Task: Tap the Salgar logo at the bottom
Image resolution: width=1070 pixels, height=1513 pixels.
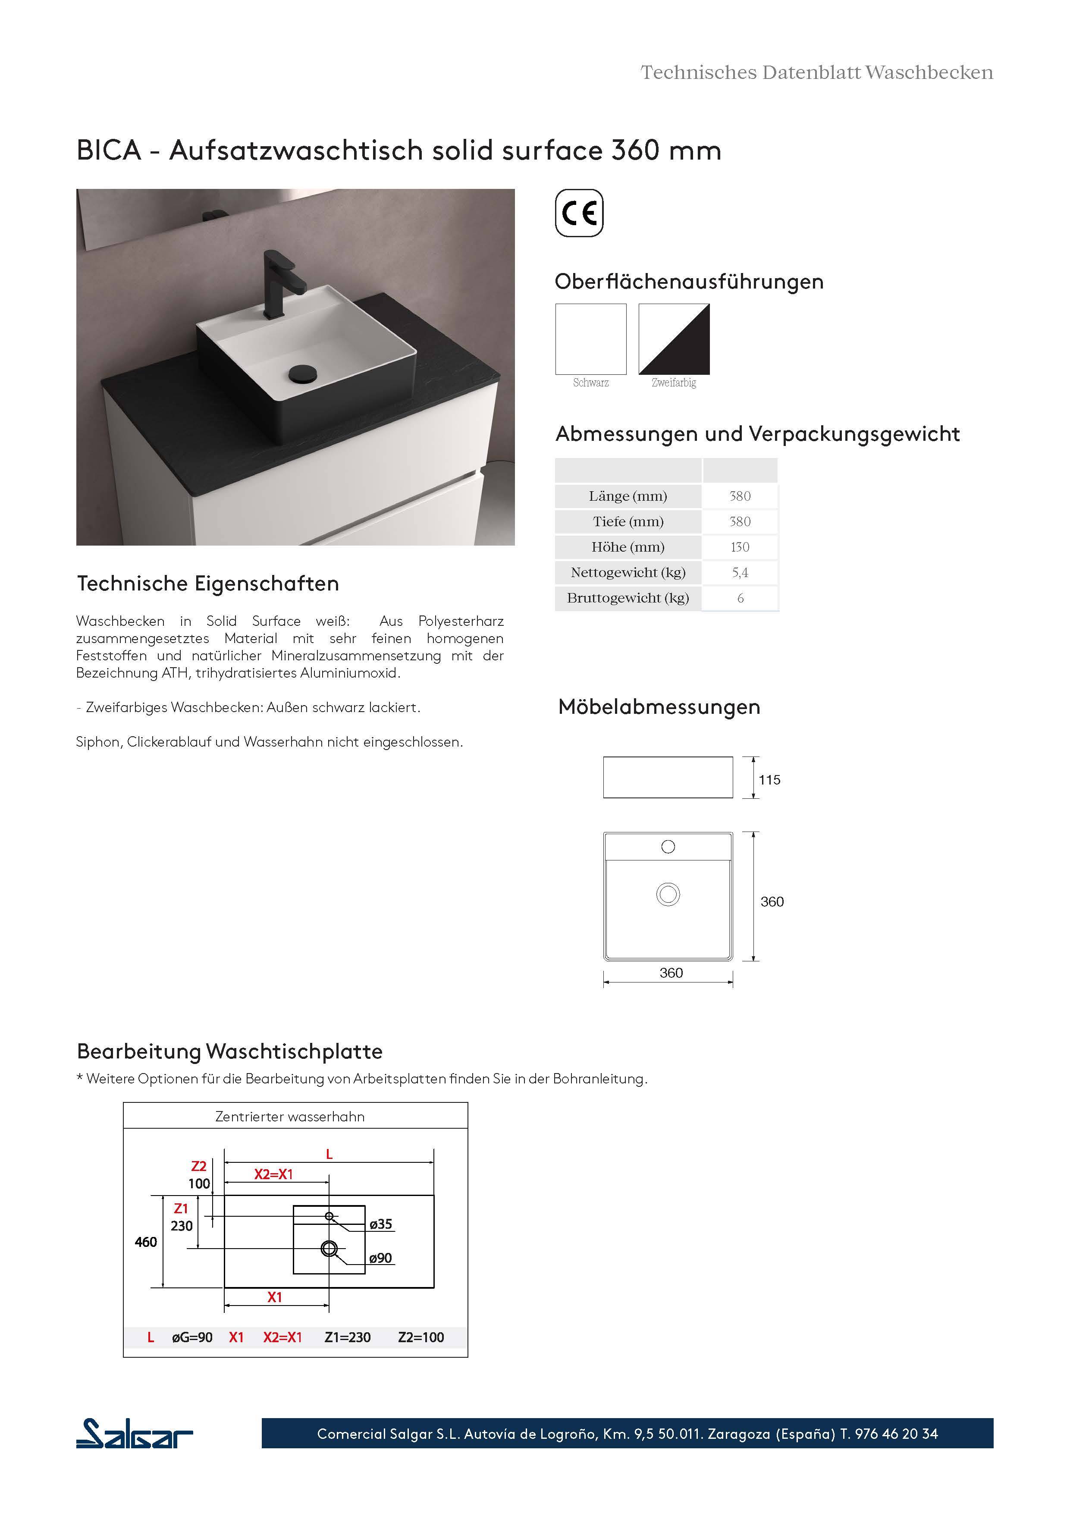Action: coord(135,1433)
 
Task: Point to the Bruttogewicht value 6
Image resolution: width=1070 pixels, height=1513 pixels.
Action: coord(740,598)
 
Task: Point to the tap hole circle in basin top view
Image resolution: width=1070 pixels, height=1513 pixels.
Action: coord(668,847)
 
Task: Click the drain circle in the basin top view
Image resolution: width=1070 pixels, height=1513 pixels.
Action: coord(668,894)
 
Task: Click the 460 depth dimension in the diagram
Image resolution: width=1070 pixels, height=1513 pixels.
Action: coord(146,1242)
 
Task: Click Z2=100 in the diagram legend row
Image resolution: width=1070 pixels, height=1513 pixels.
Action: coord(420,1337)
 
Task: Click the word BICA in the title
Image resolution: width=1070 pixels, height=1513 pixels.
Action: coord(109,150)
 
